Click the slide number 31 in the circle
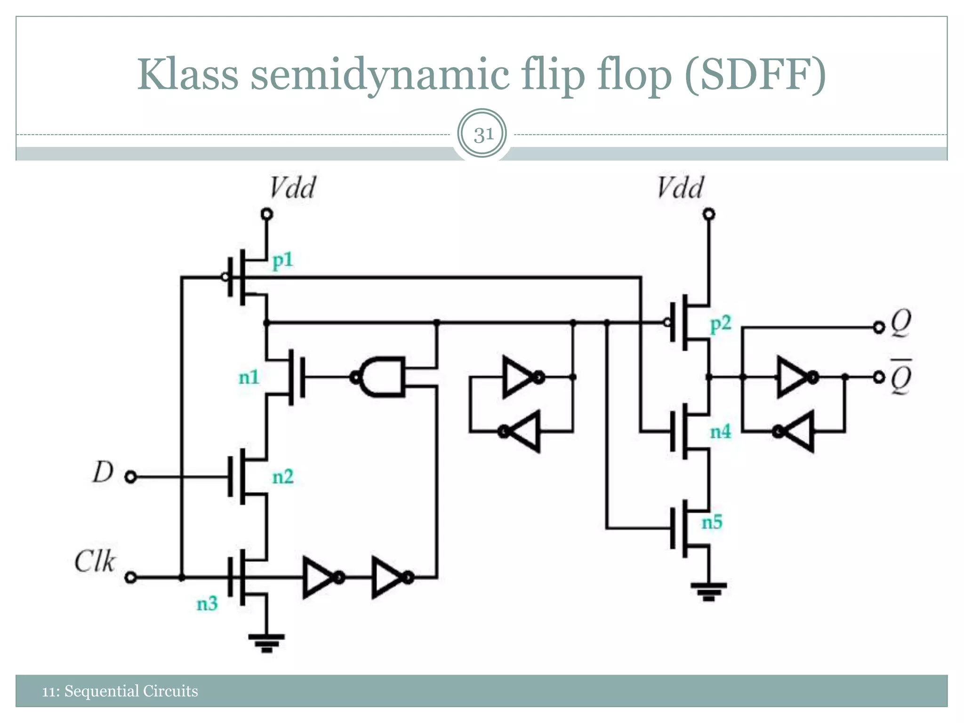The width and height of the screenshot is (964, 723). pyautogui.click(x=482, y=135)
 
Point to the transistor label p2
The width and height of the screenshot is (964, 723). pyautogui.click(x=721, y=323)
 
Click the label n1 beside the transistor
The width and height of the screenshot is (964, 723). pyautogui.click(x=249, y=377)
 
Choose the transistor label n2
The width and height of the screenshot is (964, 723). pyautogui.click(x=283, y=477)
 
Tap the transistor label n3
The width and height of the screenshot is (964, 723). pyautogui.click(x=207, y=603)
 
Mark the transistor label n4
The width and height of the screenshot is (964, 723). pyautogui.click(x=721, y=432)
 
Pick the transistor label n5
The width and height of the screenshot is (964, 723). pyautogui.click(x=712, y=522)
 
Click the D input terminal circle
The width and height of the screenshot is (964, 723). pyautogui.click(x=131, y=477)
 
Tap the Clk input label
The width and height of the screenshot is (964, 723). pyautogui.click(x=95, y=562)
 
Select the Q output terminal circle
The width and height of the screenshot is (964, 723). pyautogui.click(x=878, y=327)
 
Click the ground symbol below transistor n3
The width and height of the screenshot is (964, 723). pyautogui.click(x=266, y=643)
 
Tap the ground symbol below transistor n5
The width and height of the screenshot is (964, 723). pyautogui.click(x=708, y=591)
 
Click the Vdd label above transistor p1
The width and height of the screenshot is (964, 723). pyautogui.click(x=292, y=188)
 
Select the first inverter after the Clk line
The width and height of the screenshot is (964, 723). pyautogui.click(x=320, y=577)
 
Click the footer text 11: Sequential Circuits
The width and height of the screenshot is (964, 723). pyautogui.click(x=120, y=691)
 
